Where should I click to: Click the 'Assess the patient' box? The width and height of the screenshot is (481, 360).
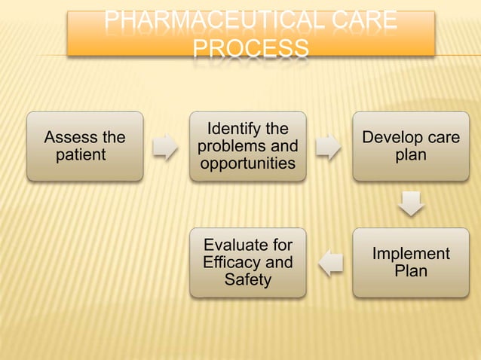[84, 146]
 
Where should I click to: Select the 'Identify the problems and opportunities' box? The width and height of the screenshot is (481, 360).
[247, 146]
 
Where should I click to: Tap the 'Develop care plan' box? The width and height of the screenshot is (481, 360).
[410, 146]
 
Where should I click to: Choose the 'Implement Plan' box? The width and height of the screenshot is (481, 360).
[410, 262]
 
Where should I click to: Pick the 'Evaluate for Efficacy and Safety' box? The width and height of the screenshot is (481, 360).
[247, 262]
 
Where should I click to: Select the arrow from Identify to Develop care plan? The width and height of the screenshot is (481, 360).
[328, 147]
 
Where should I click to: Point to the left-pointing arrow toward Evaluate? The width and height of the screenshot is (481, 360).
[329, 263]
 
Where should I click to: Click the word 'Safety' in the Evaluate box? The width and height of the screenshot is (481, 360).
[248, 280]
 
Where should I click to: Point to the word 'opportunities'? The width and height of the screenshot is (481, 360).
[247, 163]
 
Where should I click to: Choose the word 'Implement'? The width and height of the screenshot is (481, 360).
[411, 254]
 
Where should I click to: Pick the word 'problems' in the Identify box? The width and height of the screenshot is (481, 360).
[231, 146]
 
